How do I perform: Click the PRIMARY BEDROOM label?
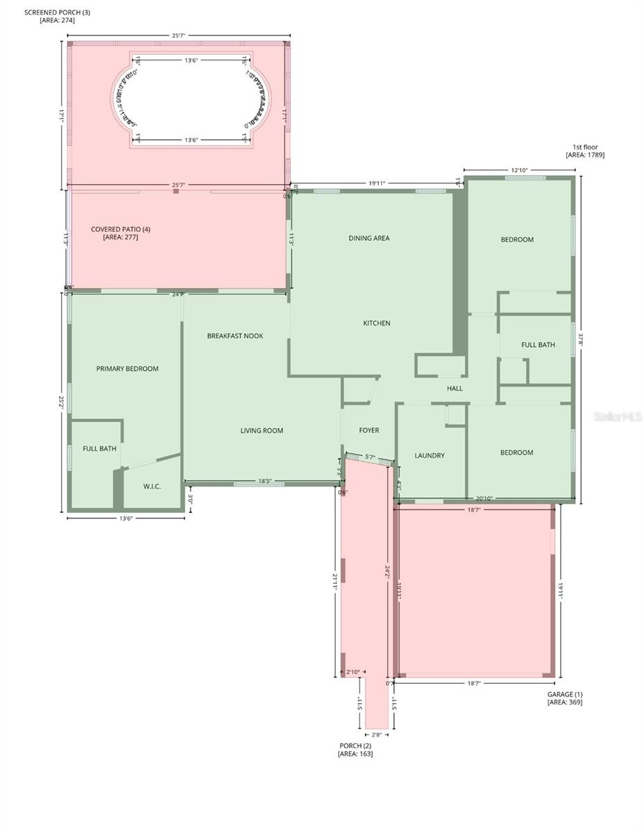(127, 369)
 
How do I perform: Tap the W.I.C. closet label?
(152, 487)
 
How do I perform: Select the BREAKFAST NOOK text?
(235, 336)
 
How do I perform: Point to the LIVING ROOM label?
(262, 430)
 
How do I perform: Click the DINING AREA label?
(368, 238)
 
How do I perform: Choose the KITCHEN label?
(377, 323)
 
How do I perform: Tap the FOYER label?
(369, 430)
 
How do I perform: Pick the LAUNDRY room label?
(430, 455)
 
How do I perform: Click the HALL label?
(455, 389)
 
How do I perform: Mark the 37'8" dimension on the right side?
(582, 339)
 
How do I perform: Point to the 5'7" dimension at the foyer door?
(370, 457)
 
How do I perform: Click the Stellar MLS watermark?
(618, 416)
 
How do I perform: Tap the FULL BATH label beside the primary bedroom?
(99, 448)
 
